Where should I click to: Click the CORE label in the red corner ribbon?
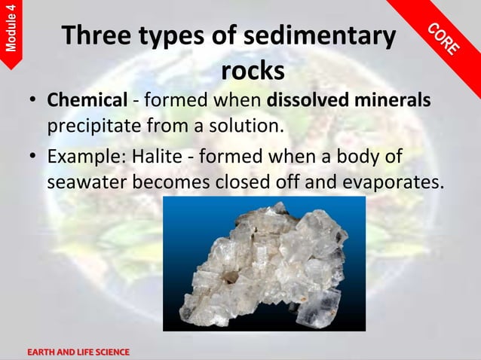click(x=444, y=38)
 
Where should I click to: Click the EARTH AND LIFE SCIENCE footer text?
click(x=78, y=352)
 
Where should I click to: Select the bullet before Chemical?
click(x=33, y=101)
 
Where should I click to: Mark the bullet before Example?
click(x=33, y=158)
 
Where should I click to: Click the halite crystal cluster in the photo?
click(x=264, y=264)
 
